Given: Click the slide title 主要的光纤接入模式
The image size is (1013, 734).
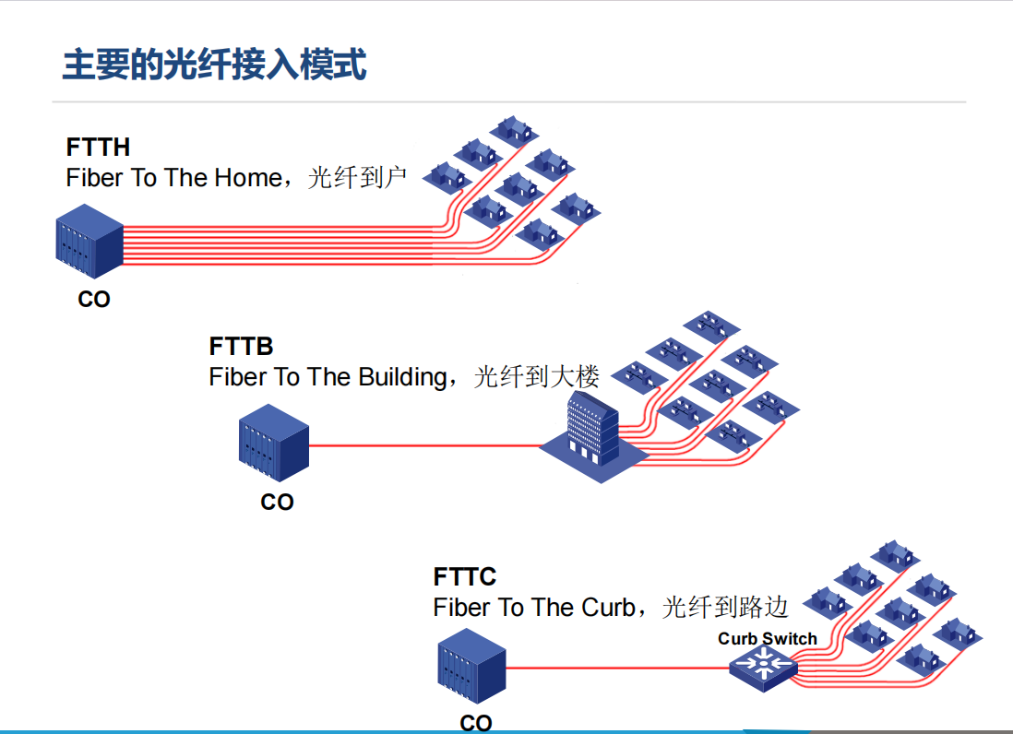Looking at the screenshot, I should click(214, 65).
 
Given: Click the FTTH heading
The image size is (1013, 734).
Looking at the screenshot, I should click(98, 148).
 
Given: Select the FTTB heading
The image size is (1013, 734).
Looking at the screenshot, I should click(241, 348).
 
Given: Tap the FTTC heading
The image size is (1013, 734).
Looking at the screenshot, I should click(465, 577).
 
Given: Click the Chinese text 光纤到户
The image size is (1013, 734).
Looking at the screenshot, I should click(357, 177).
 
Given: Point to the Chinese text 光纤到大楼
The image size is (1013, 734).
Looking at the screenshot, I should click(536, 377).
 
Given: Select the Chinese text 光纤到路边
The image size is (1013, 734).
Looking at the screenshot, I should click(725, 607).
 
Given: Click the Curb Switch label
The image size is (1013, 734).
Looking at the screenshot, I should click(768, 639).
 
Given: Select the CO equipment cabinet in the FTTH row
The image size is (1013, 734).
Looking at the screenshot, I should click(89, 243).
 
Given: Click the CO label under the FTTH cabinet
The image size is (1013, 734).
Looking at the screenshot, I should click(94, 300).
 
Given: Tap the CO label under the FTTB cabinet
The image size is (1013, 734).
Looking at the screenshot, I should click(277, 503).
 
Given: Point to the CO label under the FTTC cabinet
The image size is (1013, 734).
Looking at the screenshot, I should click(476, 723).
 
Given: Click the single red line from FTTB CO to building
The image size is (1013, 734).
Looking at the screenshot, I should click(424, 446).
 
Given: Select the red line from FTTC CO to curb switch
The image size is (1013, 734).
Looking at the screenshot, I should click(618, 667).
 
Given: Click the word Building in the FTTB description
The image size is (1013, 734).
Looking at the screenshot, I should click(401, 377).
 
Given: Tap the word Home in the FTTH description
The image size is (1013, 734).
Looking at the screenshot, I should click(247, 177).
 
